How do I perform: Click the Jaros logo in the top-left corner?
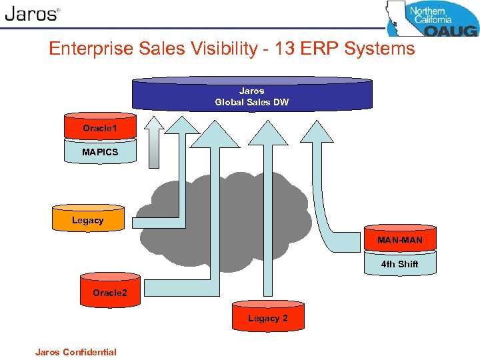32,14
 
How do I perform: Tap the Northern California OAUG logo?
432,18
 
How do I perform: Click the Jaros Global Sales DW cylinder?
252,95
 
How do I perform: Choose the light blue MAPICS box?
100,152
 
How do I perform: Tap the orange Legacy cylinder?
88,219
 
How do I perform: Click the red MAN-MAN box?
400,240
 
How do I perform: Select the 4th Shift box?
400,264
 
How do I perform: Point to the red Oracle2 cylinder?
109,292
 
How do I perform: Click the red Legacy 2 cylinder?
268,317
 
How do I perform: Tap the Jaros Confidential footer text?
76,352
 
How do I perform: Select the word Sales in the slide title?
159,49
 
